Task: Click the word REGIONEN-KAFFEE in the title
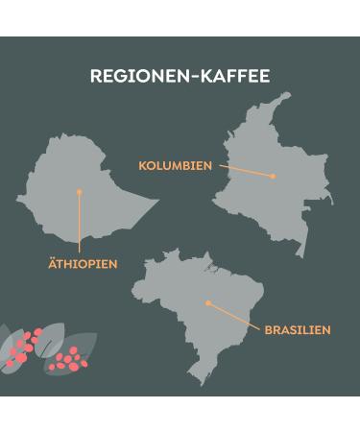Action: [180, 76]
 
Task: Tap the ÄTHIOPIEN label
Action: [83, 263]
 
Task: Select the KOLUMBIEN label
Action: [175, 166]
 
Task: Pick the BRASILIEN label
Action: [298, 329]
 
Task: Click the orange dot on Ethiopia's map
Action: [79, 192]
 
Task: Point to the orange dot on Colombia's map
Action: [273, 177]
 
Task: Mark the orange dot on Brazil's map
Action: [208, 303]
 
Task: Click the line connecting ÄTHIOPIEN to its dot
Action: [79, 226]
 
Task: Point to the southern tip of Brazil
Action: [201, 382]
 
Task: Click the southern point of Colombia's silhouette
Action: [303, 255]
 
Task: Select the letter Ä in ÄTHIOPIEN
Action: [53, 263]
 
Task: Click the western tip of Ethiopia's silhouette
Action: [17, 200]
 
